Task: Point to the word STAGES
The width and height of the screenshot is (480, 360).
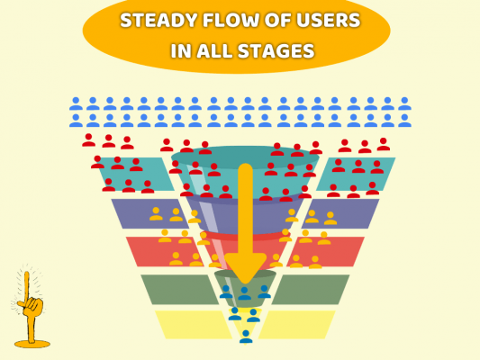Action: pos(276,50)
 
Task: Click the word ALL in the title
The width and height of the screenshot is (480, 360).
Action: pos(214,50)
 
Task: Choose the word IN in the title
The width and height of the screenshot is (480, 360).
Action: pos(181,50)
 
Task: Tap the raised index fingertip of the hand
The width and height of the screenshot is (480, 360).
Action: pos(27,274)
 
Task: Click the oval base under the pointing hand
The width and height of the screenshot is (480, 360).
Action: pos(32,344)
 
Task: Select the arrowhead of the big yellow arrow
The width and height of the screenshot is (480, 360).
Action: pos(245,267)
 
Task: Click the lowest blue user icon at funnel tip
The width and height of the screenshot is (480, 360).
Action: pos(246,337)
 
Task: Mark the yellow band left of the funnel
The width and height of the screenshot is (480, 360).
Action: pos(194,325)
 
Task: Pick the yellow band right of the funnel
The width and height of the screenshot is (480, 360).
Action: pos(297,325)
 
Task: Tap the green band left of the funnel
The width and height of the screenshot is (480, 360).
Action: pos(180,289)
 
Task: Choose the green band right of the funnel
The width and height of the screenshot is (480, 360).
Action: pos(311,289)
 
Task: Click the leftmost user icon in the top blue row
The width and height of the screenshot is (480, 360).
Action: pos(76,103)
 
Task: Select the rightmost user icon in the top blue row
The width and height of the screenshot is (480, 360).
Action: pos(404,103)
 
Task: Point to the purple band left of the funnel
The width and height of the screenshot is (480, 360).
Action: pos(150,213)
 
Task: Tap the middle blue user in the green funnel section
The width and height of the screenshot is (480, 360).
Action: pos(244,293)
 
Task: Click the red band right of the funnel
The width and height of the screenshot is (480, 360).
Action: pos(325,251)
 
